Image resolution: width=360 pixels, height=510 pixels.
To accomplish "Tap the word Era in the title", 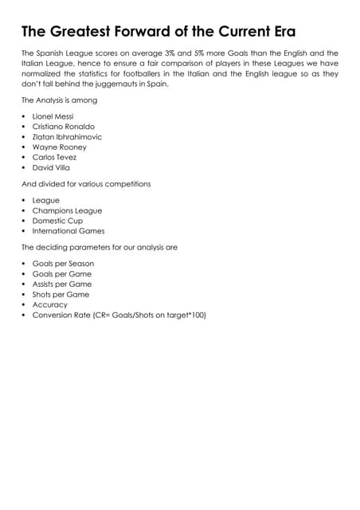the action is tap(276, 32).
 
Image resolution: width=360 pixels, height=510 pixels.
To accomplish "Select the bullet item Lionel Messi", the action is tap(53, 116).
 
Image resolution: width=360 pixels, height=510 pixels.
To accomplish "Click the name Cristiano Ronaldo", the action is tap(64, 127).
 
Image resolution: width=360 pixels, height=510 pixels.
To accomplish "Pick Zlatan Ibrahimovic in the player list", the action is tap(67, 137).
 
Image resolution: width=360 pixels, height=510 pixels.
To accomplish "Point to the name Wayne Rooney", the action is tap(60, 147).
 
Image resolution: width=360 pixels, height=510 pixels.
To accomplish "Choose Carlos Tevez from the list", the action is tap(55, 158).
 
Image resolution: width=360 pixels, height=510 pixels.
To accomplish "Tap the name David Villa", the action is tap(51, 168).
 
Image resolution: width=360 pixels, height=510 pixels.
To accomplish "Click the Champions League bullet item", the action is tap(67, 210).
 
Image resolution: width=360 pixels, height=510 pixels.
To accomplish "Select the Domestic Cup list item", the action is tap(57, 221).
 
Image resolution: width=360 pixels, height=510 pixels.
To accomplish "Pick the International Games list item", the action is tap(68, 231).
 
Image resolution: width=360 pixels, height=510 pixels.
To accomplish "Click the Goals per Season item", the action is tap(63, 263).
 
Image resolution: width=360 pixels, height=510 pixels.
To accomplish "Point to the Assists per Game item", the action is tap(62, 284).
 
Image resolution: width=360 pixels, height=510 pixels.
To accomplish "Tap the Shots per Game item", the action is tap(61, 294).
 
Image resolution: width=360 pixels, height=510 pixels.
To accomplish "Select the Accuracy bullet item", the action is tap(50, 304).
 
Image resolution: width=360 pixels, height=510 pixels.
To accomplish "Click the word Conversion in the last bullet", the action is tap(52, 315).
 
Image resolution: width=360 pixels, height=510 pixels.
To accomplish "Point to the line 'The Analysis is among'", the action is tap(59, 100).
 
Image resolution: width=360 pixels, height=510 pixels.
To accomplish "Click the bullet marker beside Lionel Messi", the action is tap(24, 116).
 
